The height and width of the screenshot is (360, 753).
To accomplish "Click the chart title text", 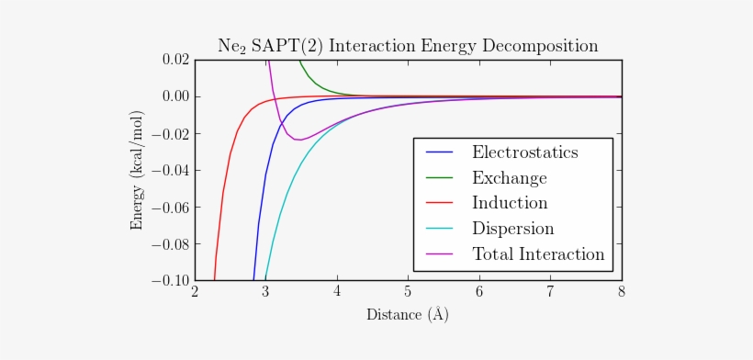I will point(407,45).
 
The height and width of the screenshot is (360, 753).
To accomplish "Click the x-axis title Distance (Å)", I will point(408,314).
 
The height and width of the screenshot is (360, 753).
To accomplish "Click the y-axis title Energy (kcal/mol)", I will point(138,170).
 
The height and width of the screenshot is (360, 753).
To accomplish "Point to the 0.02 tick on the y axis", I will point(174,60).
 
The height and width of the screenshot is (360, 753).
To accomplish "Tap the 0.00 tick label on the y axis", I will point(174,96).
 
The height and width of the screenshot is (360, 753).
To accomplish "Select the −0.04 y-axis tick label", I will point(171,170).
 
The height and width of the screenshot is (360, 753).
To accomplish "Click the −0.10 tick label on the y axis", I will point(171,280).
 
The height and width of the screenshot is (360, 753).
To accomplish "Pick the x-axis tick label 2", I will point(195,292).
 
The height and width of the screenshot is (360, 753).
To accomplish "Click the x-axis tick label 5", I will point(408,292).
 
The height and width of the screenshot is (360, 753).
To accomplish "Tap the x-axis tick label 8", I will point(622,292).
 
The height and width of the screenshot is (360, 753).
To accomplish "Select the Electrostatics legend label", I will point(524,152).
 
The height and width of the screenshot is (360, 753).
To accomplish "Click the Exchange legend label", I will point(509,178).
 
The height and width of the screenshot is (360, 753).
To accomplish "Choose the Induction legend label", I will point(510,203).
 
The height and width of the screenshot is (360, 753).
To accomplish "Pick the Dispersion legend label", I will point(512,229).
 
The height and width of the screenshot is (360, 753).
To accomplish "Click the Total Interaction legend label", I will point(537,254).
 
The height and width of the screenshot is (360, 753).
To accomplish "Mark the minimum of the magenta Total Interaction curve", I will point(298,140).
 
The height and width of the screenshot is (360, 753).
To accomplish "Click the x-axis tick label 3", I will point(265,292).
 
